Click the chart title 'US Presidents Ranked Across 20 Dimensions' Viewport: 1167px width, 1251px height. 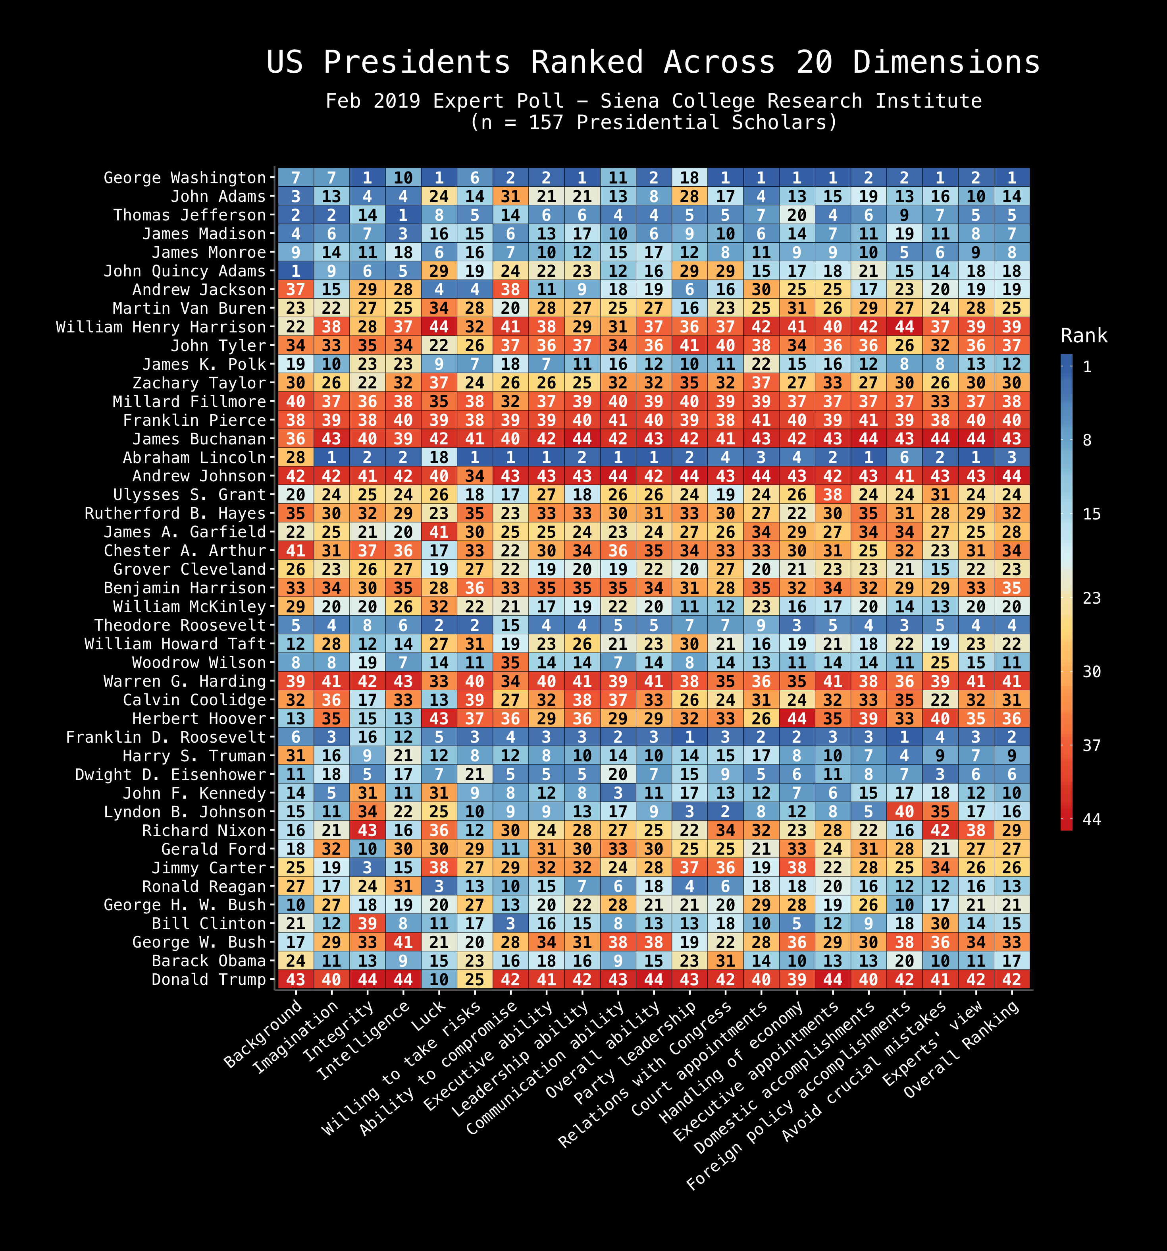[653, 63]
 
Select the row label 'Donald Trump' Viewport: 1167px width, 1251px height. [209, 979]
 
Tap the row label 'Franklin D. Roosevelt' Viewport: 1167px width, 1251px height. [166, 737]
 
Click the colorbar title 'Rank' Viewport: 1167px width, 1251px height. [1083, 336]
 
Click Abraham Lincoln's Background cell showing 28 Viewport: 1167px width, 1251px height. [296, 458]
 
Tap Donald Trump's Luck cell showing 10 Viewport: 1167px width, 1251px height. [439, 979]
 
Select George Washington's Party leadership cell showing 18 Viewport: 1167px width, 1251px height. [689, 178]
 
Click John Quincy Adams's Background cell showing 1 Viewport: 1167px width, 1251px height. [296, 271]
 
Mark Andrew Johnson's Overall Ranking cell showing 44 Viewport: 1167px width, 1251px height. [1012, 476]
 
